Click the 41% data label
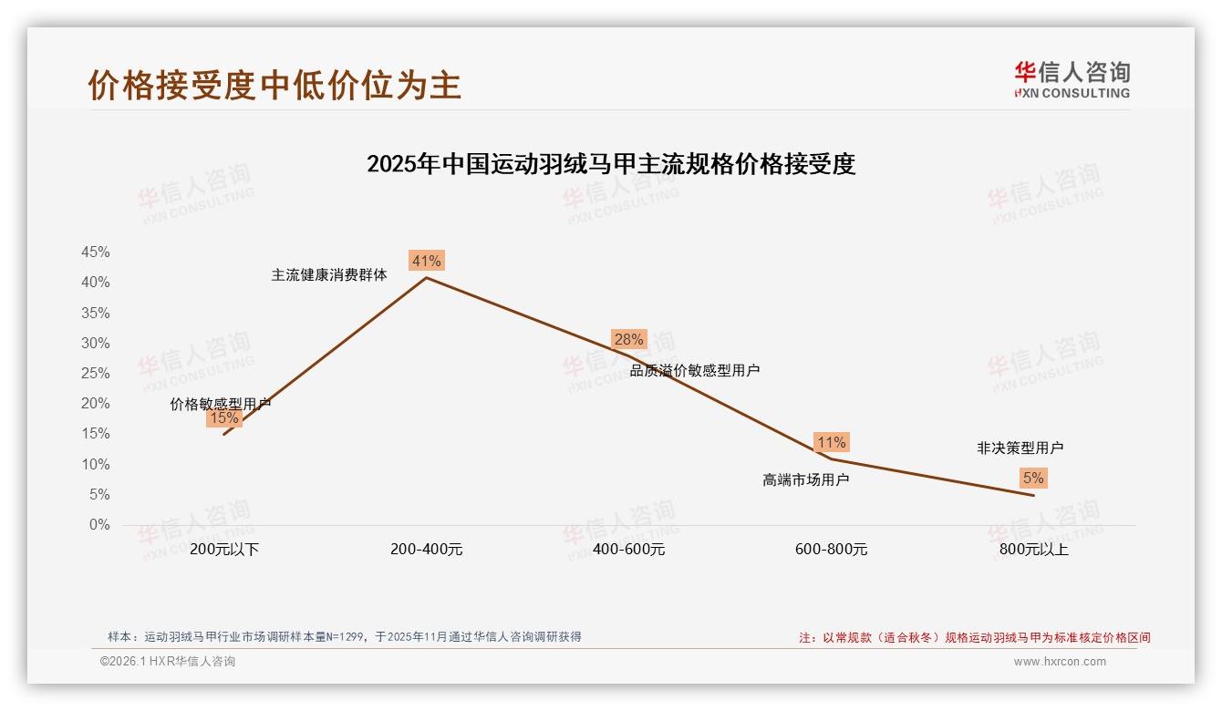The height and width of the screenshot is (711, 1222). [426, 261]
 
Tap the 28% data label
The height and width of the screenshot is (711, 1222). [628, 339]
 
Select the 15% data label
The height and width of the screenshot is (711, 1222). [223, 418]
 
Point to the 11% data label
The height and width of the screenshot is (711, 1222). [831, 442]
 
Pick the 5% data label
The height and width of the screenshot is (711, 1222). [1032, 478]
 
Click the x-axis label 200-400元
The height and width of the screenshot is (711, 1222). [426, 550]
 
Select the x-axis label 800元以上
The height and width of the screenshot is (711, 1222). [1033, 550]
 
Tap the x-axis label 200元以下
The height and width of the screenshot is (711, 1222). [224, 550]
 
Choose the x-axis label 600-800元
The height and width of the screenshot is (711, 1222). [831, 550]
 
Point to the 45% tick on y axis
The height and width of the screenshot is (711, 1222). [95, 252]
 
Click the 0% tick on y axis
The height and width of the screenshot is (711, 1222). [98, 525]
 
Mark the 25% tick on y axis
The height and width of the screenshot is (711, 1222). [95, 374]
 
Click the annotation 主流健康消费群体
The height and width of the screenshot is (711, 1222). [328, 274]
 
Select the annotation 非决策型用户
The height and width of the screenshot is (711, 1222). [1020, 448]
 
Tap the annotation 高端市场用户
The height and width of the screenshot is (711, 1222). [805, 479]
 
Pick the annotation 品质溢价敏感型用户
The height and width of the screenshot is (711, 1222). [694, 370]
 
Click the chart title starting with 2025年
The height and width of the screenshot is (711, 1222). [610, 164]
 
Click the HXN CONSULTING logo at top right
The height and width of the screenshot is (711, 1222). [1072, 79]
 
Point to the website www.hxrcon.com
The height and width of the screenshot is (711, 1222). [1059, 662]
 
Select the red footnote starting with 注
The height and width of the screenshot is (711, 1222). [974, 637]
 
